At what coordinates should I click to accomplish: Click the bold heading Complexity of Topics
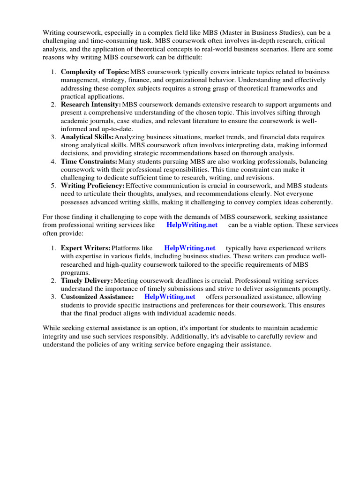pos(95,72)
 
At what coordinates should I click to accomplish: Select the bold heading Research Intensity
pos(90,105)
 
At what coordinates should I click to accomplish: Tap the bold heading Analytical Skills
pos(87,137)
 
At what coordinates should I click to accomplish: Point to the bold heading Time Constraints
pos(89,161)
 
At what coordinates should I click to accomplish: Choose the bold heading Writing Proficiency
pos(92,186)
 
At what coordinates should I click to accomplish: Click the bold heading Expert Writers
pos(85,248)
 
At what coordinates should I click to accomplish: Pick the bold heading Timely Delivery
pos(87,280)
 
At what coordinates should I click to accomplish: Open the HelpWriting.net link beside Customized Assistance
pos(170,297)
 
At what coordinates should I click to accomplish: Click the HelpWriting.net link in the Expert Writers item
pos(190,248)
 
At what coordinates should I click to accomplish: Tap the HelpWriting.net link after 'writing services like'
pos(192,225)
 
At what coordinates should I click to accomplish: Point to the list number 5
pos(53,186)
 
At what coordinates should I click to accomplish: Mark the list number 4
pos(53,161)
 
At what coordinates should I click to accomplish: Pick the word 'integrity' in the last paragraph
pos(55,337)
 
